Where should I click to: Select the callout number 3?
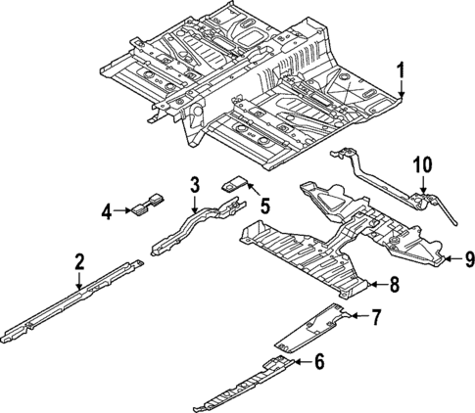tap(194, 184)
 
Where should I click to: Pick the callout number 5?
tap(263, 204)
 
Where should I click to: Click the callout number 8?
tap(394, 285)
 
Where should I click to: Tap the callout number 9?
tap(468, 258)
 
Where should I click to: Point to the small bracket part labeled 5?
tap(236, 182)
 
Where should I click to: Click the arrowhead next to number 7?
tap(351, 315)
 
